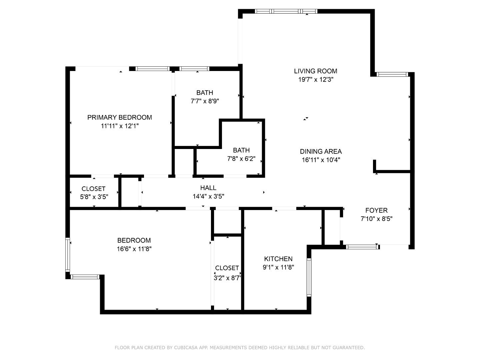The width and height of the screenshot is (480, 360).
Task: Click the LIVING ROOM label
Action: coord(315,71)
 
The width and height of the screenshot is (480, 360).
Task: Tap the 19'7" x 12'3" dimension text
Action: coord(315,80)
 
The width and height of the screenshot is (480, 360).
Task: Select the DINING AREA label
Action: coord(321,151)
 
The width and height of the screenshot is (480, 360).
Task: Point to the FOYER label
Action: coord(376,210)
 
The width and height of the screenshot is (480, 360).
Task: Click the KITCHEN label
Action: coord(278,259)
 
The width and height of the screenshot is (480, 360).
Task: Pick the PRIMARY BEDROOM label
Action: coord(119,117)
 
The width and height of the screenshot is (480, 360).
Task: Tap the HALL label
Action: coord(208,188)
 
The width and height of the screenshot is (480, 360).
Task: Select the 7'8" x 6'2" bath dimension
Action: coord(241,159)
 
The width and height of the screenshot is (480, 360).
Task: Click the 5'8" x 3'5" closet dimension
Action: coord(94,197)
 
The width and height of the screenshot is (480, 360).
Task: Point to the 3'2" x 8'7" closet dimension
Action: coord(227,278)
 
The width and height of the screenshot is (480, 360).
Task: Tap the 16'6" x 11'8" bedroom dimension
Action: coord(134,249)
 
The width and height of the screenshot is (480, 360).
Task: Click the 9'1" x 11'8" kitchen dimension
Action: coord(278,267)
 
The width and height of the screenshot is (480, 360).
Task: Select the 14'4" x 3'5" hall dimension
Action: coord(208,197)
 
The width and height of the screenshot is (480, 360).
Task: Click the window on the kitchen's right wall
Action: coord(309,277)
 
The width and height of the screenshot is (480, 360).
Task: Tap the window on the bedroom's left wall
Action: coord(68,254)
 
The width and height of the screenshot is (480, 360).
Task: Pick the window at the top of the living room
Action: coord(286,11)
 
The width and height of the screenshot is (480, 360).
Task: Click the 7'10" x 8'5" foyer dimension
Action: coord(376,219)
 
